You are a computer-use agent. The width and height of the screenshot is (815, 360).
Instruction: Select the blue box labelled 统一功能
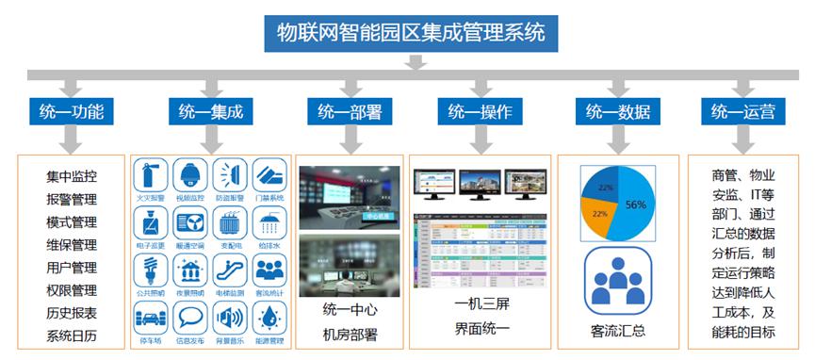click(72, 111)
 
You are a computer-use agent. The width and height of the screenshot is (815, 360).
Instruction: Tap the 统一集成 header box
click(211, 111)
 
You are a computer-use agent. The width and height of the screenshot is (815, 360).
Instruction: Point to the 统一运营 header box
click(743, 111)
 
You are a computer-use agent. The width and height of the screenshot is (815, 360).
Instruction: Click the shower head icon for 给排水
click(270, 223)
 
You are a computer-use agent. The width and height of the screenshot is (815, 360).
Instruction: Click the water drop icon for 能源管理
click(270, 318)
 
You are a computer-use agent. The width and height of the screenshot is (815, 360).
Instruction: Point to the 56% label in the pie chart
click(635, 205)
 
